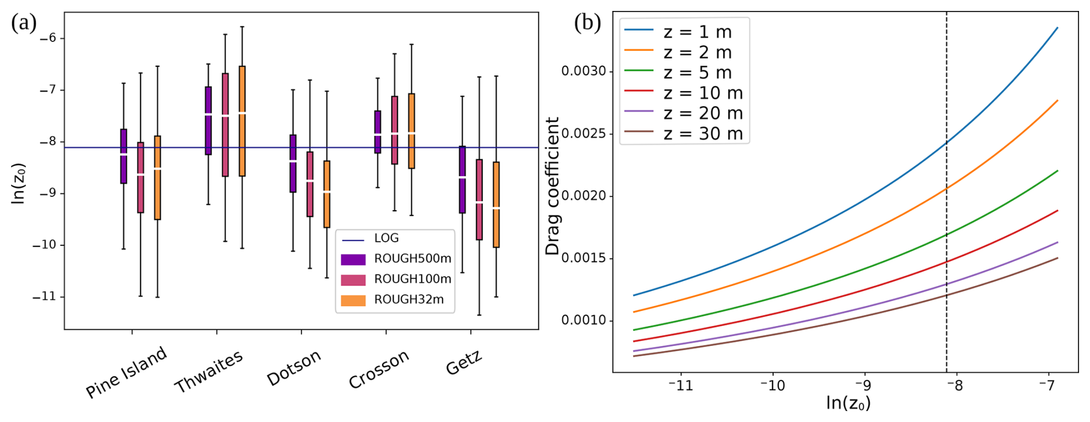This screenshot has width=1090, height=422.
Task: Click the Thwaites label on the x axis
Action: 209,371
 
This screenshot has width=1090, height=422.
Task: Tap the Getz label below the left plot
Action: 464,363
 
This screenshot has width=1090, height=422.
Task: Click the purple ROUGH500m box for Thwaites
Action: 209,120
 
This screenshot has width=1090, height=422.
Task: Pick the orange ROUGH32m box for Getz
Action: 496,204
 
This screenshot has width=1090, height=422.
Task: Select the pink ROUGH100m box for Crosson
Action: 395,130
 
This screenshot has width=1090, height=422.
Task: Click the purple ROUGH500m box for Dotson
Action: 293,164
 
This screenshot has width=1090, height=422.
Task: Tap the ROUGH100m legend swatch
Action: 353,280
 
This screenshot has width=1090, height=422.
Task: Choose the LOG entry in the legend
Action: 386,238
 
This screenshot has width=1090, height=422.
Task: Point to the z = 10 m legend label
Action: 703,93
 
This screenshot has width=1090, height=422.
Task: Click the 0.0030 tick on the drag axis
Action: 584,71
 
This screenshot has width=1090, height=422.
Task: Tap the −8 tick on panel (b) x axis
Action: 955,385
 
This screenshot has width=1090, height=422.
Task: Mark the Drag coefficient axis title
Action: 552,186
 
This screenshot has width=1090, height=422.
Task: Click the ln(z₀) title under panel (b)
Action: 847,403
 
